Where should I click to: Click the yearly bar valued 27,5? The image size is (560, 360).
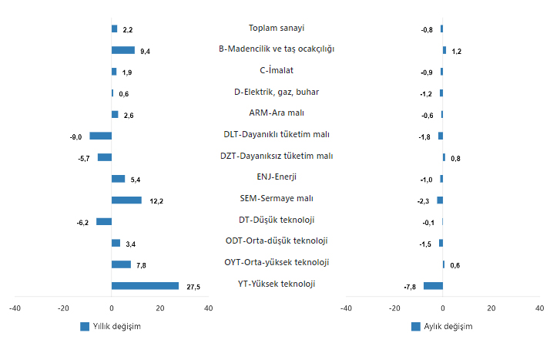click(x=145, y=286)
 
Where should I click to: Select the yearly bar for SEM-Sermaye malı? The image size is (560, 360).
click(x=126, y=200)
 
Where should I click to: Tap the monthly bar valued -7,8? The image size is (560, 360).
click(x=433, y=286)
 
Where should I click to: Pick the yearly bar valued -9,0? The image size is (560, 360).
click(x=101, y=136)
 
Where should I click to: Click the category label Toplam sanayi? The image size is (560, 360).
click(x=277, y=29)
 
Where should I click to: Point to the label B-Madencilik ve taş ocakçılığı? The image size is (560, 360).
click(x=277, y=49)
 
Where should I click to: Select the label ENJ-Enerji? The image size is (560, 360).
click(x=277, y=177)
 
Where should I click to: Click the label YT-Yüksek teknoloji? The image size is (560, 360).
click(x=277, y=284)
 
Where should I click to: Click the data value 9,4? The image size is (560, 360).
click(x=146, y=51)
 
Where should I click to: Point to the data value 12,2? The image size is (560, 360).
click(x=156, y=201)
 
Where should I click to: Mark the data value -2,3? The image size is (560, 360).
click(x=424, y=201)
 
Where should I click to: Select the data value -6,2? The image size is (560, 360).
click(x=82, y=223)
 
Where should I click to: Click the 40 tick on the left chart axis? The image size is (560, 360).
click(x=208, y=308)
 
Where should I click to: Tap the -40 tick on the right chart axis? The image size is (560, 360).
click(x=346, y=308)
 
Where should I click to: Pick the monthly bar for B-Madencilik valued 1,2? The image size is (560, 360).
click(x=444, y=50)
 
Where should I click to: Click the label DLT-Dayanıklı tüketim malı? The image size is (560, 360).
click(x=277, y=135)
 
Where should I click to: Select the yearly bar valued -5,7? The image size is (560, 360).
click(x=105, y=157)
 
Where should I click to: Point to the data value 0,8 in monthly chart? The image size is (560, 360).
click(x=455, y=159)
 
